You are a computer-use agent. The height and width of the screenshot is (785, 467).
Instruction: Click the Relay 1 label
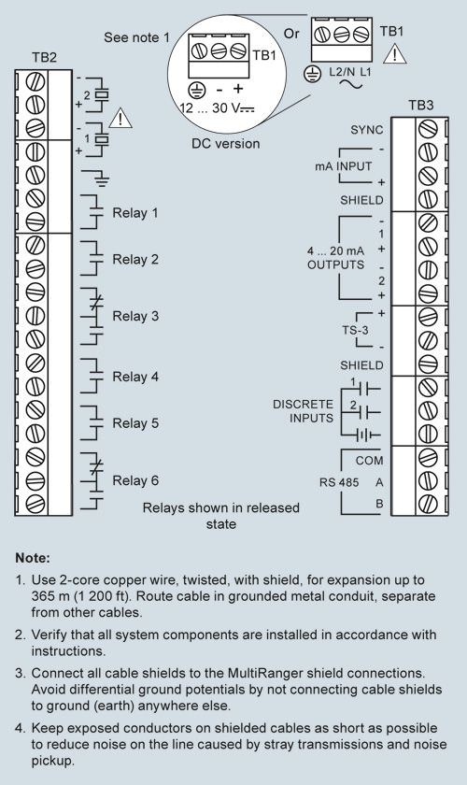(135, 213)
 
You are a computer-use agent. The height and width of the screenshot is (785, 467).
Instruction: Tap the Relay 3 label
(135, 317)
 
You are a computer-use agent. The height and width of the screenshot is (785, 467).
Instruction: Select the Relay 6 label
(135, 480)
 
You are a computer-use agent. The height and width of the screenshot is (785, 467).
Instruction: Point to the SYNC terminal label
(367, 130)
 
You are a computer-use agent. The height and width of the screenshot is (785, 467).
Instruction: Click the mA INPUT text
(344, 166)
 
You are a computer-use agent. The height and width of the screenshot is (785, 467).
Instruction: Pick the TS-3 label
(355, 331)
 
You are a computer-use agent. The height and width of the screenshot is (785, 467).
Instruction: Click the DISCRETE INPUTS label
(303, 411)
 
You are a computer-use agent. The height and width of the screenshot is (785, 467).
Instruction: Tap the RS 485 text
(339, 482)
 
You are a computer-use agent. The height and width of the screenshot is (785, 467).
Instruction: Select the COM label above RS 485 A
(369, 461)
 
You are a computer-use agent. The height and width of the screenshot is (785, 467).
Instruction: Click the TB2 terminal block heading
(44, 58)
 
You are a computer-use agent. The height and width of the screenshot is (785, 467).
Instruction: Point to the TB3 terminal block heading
(420, 105)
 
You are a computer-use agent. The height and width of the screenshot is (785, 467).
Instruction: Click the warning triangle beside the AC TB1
(394, 53)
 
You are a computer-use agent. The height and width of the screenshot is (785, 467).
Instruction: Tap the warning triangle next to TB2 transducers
(120, 118)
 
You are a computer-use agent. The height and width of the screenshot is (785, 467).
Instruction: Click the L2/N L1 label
(350, 72)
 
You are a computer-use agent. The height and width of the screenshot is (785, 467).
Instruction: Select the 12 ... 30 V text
(217, 107)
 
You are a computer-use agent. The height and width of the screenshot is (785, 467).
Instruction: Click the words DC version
(226, 144)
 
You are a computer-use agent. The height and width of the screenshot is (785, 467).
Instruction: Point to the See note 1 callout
(136, 37)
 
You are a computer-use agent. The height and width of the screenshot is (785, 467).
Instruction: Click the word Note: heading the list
(33, 558)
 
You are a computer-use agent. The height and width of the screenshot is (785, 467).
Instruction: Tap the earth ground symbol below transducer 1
(102, 177)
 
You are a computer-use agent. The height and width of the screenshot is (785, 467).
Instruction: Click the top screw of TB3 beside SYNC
(428, 129)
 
